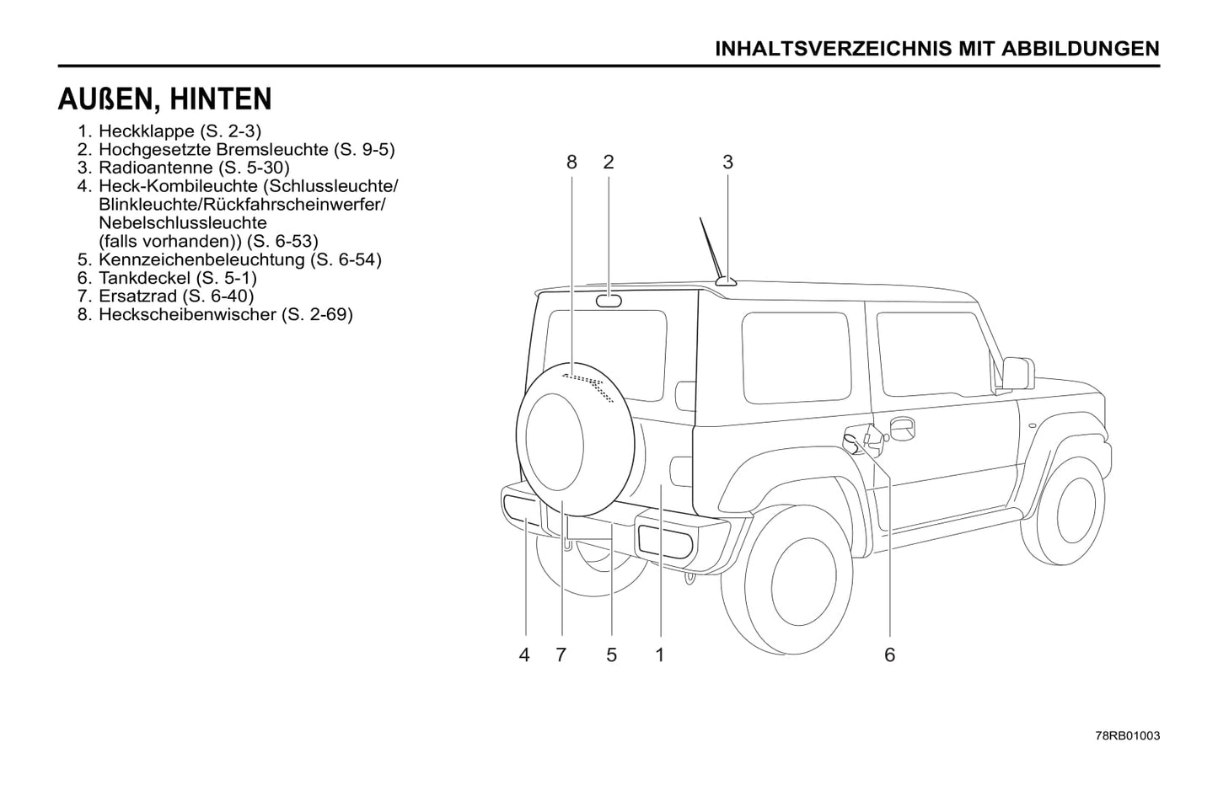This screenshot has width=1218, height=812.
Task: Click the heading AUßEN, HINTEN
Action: [165, 99]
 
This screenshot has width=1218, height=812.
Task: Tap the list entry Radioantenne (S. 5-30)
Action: [194, 168]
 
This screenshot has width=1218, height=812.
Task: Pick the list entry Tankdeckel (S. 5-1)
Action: [177, 278]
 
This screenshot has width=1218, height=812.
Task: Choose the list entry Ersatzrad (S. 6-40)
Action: [175, 296]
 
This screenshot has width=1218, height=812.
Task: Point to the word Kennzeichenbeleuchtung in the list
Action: [201, 259]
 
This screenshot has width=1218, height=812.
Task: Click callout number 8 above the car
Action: [571, 162]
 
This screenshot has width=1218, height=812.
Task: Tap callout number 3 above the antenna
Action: [727, 162]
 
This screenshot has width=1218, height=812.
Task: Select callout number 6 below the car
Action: [889, 654]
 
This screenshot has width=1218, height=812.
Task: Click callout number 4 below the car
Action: [524, 654]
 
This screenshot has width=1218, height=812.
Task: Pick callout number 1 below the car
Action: [660, 654]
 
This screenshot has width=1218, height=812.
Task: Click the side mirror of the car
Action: [1017, 372]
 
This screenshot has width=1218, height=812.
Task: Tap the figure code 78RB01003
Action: [1128, 735]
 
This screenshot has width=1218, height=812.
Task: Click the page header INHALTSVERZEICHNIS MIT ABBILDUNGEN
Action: [936, 48]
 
